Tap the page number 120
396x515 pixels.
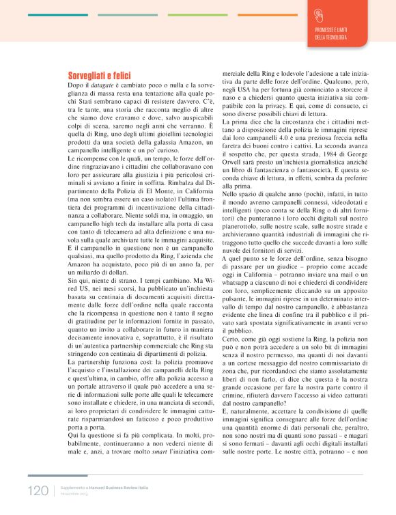pyautogui.click(x=38, y=490)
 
